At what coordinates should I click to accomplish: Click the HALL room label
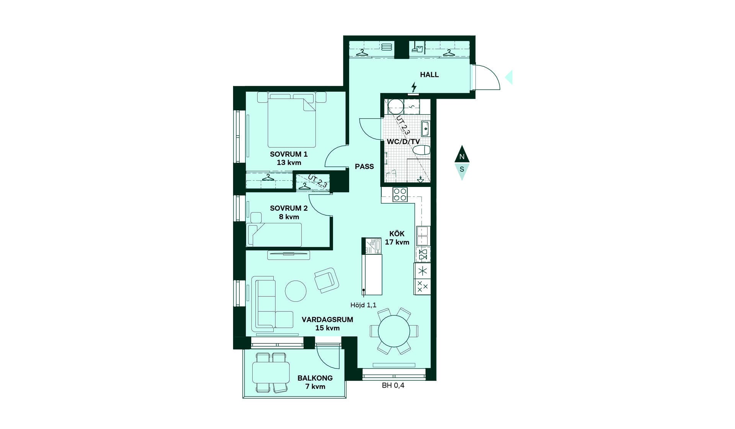(x=429, y=75)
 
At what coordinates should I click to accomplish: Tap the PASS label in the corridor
(x=364, y=167)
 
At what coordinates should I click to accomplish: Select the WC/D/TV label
(x=403, y=141)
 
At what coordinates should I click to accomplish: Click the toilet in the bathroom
(x=423, y=150)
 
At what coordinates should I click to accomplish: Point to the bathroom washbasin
(x=425, y=129)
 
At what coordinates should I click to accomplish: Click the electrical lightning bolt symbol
(x=413, y=87)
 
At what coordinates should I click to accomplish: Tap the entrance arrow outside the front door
(x=509, y=77)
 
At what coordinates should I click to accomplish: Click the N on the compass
(x=462, y=157)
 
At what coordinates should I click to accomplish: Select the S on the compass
(x=462, y=169)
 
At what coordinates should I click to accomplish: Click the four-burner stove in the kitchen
(x=400, y=195)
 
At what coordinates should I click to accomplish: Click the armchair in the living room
(x=327, y=280)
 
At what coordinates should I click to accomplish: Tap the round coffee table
(x=296, y=291)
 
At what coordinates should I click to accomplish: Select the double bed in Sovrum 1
(x=292, y=120)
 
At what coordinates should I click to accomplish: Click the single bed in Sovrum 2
(x=274, y=235)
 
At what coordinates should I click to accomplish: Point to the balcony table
(x=271, y=372)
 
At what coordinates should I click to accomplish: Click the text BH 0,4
(x=393, y=385)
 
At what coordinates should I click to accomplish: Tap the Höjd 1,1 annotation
(x=363, y=305)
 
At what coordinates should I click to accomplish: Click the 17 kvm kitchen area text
(x=397, y=242)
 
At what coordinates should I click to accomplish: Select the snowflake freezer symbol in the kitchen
(x=422, y=271)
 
